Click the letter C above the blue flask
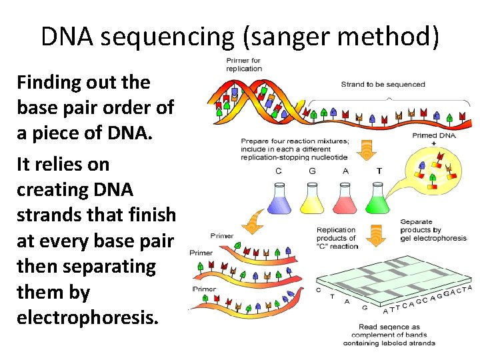tap(279, 171)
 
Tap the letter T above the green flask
tap(379, 171)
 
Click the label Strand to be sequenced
tap(383, 85)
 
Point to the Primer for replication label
tap(243, 65)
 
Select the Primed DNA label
tap(435, 135)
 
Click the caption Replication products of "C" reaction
tap(337, 238)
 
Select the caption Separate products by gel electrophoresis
tap(433, 230)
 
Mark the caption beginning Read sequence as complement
tap(389, 335)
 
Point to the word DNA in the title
tap(69, 37)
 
